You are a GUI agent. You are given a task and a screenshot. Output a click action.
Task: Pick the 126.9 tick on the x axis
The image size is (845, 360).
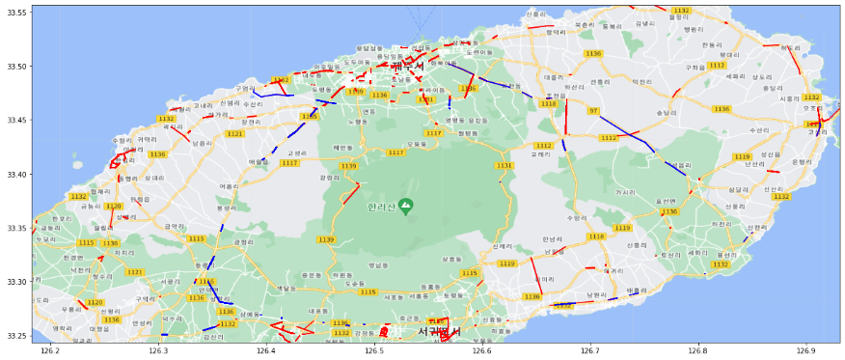(x=804, y=351)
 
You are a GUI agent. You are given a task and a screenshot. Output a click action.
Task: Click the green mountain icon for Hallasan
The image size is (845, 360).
(x=406, y=207)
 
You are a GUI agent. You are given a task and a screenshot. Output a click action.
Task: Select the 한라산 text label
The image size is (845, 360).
(x=381, y=208)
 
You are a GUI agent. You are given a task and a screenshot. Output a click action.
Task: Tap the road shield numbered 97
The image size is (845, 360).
(x=593, y=111)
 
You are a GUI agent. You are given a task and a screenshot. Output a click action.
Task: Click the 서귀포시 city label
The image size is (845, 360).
(x=439, y=332)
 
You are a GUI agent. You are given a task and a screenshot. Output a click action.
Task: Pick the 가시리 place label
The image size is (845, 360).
(x=625, y=192)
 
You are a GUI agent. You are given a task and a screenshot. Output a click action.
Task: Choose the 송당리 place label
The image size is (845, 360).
(x=666, y=112)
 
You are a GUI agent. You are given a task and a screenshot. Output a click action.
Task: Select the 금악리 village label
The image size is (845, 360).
(x=175, y=227)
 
